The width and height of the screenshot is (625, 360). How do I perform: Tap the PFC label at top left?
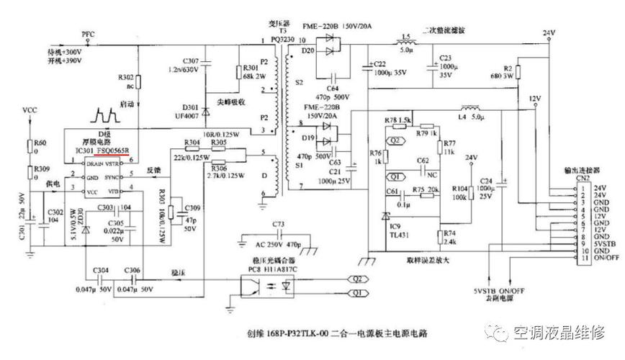click(x=89, y=34)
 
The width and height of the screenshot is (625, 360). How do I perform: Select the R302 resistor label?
click(x=125, y=77)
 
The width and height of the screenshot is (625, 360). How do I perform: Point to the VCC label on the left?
click(x=30, y=111)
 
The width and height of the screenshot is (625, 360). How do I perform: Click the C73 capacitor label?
click(x=279, y=225)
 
